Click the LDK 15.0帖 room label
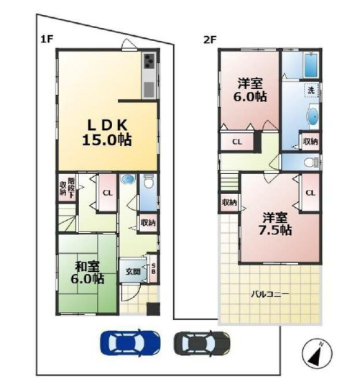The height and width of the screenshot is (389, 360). pyautogui.click(x=107, y=133)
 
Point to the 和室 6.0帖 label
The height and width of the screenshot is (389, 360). pyautogui.click(x=88, y=273)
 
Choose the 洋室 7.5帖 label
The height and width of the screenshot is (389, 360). pyautogui.click(x=275, y=224)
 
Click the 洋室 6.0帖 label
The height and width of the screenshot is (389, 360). pyautogui.click(x=250, y=90)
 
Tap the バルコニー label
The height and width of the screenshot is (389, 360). pyautogui.click(x=270, y=295)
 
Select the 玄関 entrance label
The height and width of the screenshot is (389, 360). pyautogui.click(x=133, y=271)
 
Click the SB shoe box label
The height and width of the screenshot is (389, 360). pyautogui.click(x=153, y=269)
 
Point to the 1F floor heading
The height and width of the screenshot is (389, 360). pyautogui.click(x=47, y=40)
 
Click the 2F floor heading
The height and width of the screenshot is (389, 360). pyautogui.click(x=210, y=40)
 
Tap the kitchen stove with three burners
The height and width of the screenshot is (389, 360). pyautogui.click(x=149, y=61)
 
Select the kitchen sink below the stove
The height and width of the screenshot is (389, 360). pyautogui.click(x=149, y=89)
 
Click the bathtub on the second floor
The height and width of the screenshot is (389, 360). pyautogui.click(x=310, y=65)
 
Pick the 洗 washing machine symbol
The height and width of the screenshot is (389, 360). pyautogui.click(x=311, y=91)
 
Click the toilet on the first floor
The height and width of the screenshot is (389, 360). pyautogui.click(x=149, y=181)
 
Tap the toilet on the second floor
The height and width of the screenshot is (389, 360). pyautogui.click(x=311, y=163)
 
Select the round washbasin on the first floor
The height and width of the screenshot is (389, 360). pyautogui.click(x=128, y=179)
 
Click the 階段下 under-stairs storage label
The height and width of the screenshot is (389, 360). pyautogui.click(x=71, y=188)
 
